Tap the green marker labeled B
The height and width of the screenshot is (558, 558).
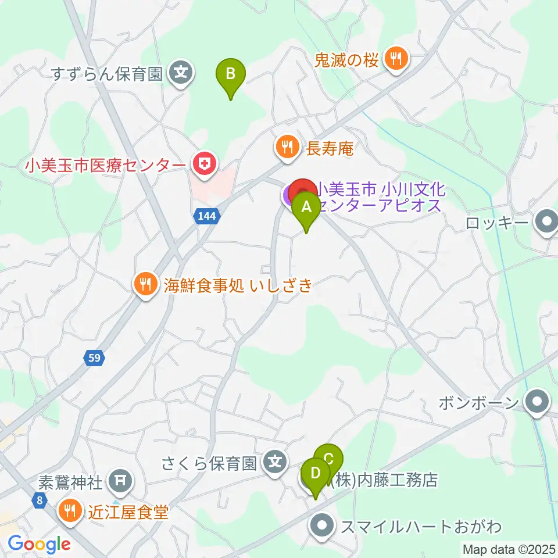pos(231,75)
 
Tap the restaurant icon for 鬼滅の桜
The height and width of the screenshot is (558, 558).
pos(397,58)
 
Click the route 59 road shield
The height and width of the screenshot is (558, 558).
pos(95,358)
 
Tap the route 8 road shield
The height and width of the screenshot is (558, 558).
pos(40,500)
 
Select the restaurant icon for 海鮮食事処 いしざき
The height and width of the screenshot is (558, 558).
pos(145,284)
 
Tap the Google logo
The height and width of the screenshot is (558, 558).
pos(40,544)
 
